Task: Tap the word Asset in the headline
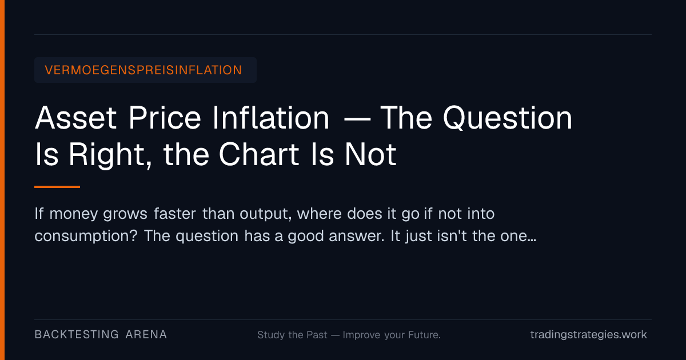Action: click(75, 118)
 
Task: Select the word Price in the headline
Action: click(165, 118)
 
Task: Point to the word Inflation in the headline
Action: click(271, 118)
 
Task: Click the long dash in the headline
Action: click(357, 119)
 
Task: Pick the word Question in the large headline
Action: click(508, 118)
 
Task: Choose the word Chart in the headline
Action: click(259, 154)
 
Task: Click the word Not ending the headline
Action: click(370, 154)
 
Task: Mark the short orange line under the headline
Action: click(57, 187)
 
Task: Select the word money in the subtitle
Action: click(74, 214)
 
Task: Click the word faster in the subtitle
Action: click(174, 213)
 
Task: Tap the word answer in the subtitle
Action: click(357, 237)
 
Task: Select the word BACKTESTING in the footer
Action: click(77, 335)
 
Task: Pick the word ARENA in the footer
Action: click(146, 335)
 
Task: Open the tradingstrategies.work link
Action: click(589, 335)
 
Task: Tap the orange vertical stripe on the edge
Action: click(2, 180)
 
